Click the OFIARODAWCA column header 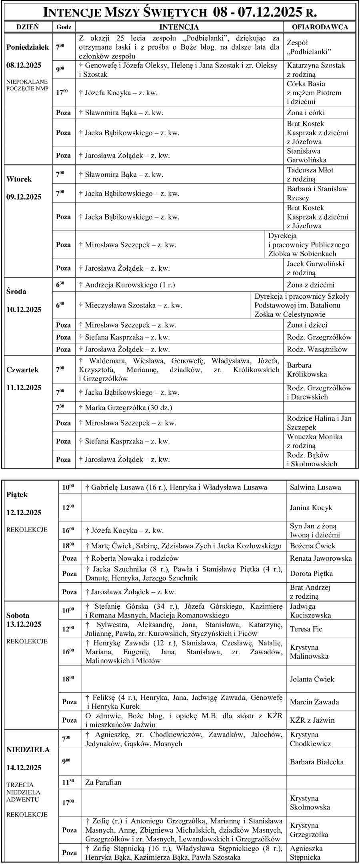320,27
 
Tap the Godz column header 64,27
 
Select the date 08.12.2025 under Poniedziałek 24,65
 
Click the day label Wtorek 19,179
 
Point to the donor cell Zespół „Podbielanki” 308,47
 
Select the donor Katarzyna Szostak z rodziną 316,70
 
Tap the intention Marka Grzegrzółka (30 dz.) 128,408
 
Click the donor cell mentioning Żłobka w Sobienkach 308,244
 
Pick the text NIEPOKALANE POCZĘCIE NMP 27,84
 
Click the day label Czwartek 22,370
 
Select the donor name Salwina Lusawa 315,487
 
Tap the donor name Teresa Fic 306,629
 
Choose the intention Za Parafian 103,782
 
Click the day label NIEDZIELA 28,749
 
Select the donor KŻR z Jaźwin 312,720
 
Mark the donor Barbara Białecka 316,762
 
